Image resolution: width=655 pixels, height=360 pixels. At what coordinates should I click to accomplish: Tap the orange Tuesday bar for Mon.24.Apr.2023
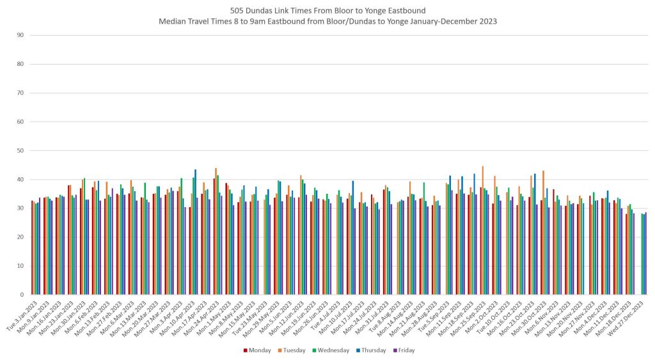coord(216,231)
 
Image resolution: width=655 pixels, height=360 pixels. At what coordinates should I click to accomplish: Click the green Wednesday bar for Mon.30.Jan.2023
coord(84,237)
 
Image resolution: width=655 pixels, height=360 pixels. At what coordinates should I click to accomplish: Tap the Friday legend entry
coord(406,350)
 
